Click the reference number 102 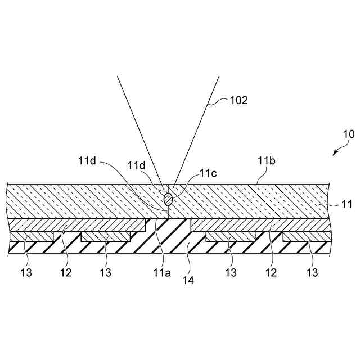click(x=239, y=101)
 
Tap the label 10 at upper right click(x=349, y=135)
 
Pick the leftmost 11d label click(x=88, y=161)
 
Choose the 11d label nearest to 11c click(x=137, y=165)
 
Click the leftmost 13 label click(x=26, y=273)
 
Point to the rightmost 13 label click(x=313, y=273)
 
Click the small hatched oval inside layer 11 click(x=168, y=199)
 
